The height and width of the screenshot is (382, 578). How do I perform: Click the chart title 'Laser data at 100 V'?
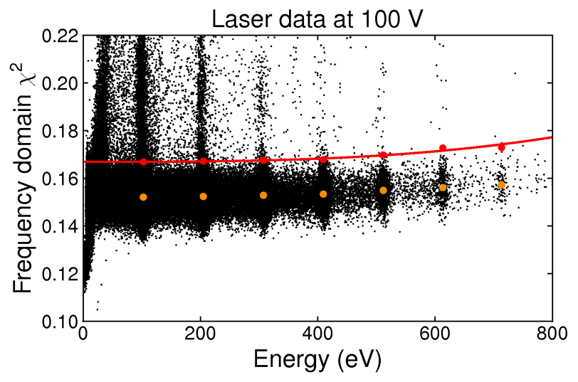(x=317, y=18)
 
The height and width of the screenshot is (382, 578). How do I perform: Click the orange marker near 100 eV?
(x=143, y=197)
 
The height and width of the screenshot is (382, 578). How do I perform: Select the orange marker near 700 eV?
(x=501, y=185)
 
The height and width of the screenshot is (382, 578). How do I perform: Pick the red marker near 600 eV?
(x=443, y=148)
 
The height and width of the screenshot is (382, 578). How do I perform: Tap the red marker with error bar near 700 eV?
(x=501, y=147)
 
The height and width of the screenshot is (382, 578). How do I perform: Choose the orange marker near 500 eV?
(x=383, y=191)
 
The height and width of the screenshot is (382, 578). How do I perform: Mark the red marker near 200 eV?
(x=203, y=161)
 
